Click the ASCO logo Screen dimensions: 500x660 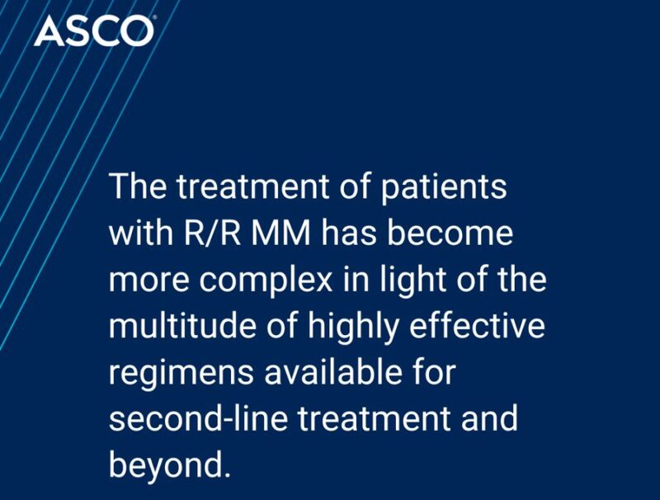coord(93,31)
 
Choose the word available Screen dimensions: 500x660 coord(339,374)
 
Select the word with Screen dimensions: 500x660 coord(138,233)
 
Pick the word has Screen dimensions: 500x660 coord(359,233)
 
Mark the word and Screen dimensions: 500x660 coord(488,419)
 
